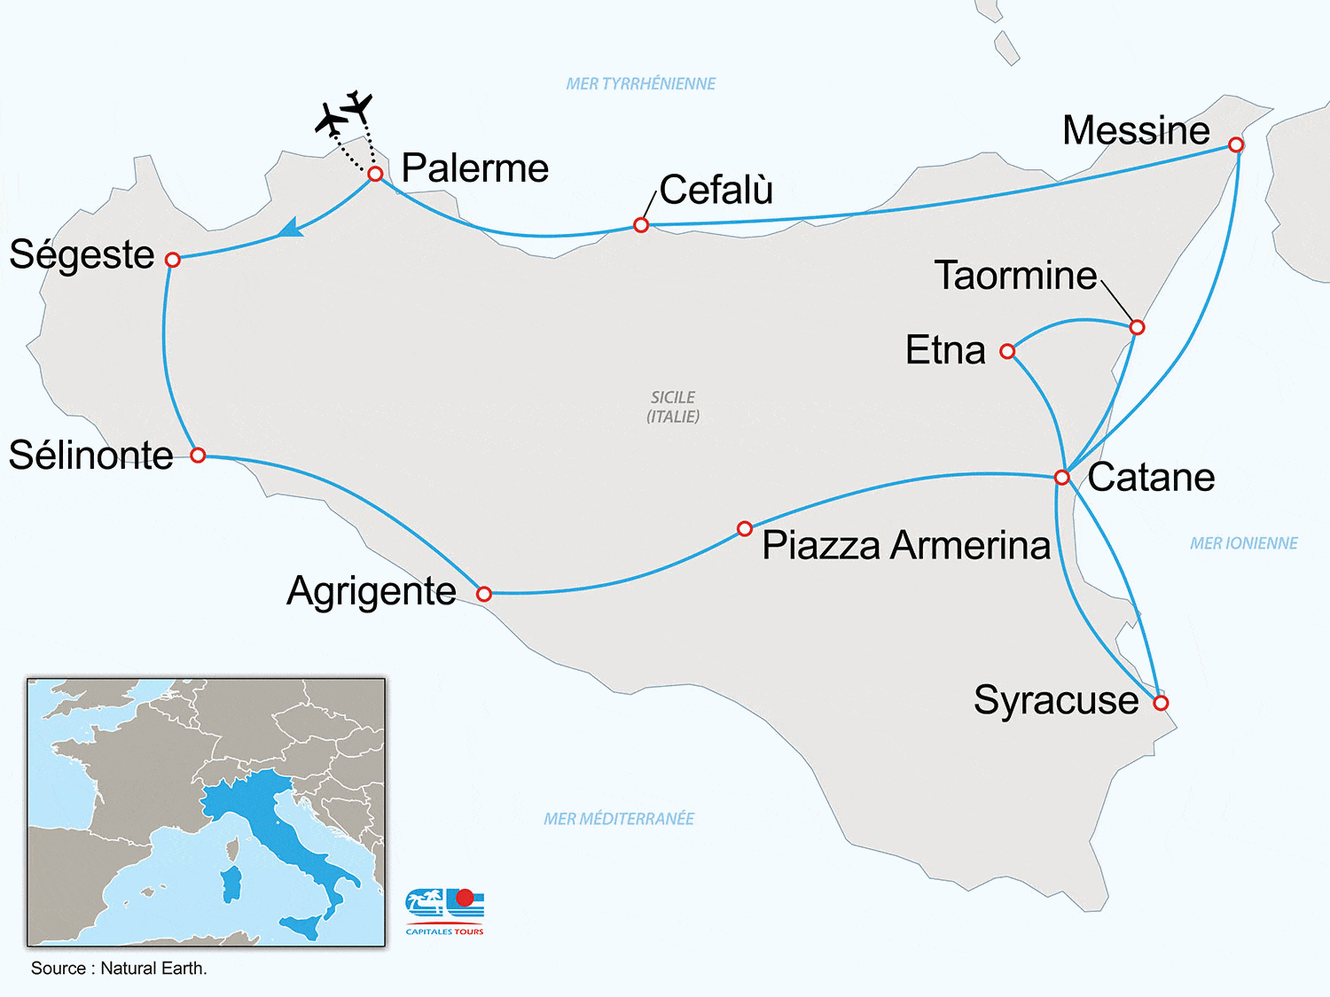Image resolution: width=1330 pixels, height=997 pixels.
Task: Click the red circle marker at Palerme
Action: tap(375, 174)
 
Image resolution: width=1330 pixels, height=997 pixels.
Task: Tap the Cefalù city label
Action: tap(716, 190)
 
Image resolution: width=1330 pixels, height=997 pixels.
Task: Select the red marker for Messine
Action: tap(1236, 144)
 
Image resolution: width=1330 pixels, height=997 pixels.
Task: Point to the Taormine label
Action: tap(1015, 276)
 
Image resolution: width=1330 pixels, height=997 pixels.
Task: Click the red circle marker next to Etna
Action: tap(1007, 352)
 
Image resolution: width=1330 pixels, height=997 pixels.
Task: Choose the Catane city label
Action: tap(1151, 478)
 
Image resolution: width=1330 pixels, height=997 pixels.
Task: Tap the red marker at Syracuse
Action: tap(1161, 703)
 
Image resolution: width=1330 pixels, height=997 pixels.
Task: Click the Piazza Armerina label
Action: tap(906, 545)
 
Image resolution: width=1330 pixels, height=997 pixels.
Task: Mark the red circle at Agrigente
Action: tap(484, 594)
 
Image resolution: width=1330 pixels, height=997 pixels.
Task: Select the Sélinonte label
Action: tap(90, 456)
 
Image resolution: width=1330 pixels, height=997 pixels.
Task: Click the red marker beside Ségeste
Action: tap(173, 260)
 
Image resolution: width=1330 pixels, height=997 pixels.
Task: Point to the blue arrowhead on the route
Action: tap(291, 230)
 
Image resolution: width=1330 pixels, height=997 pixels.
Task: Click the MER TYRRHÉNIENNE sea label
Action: tap(640, 84)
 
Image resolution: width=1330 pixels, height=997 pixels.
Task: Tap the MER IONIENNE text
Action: tap(1243, 543)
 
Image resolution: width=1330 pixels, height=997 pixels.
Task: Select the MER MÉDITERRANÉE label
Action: tap(619, 819)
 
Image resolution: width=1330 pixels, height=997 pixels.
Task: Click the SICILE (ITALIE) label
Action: tap(673, 407)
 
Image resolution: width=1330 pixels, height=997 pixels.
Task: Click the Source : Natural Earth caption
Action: tap(119, 969)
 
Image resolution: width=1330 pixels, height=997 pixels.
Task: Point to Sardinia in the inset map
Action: tap(231, 884)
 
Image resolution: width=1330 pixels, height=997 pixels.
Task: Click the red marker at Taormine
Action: tap(1137, 328)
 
